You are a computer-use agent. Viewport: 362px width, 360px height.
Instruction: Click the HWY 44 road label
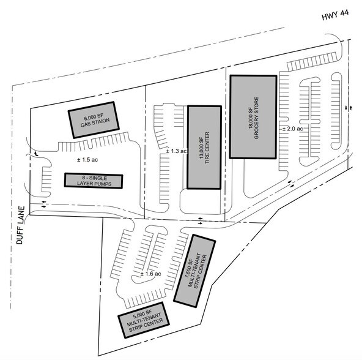(335, 15)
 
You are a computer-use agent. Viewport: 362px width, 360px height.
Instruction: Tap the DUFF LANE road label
(21, 225)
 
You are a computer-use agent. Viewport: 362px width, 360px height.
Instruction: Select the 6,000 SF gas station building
(94, 120)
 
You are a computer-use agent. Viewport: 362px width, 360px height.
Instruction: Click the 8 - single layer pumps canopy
(94, 181)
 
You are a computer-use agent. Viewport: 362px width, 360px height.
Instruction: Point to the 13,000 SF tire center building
(204, 148)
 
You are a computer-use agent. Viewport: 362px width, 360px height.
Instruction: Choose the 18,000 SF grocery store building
(253, 117)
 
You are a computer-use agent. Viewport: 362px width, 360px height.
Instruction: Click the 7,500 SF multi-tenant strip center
(194, 271)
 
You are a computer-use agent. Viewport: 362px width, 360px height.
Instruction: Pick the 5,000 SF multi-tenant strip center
(144, 320)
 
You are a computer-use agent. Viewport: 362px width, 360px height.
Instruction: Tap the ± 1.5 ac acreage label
(87, 160)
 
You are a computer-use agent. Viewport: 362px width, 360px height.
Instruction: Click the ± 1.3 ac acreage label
(176, 151)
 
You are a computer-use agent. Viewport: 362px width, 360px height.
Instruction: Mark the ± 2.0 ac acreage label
(293, 129)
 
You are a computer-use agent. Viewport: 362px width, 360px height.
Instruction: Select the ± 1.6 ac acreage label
(151, 274)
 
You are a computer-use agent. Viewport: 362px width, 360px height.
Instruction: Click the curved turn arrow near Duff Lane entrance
(36, 153)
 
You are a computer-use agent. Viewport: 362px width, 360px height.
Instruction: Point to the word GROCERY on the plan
(256, 127)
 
